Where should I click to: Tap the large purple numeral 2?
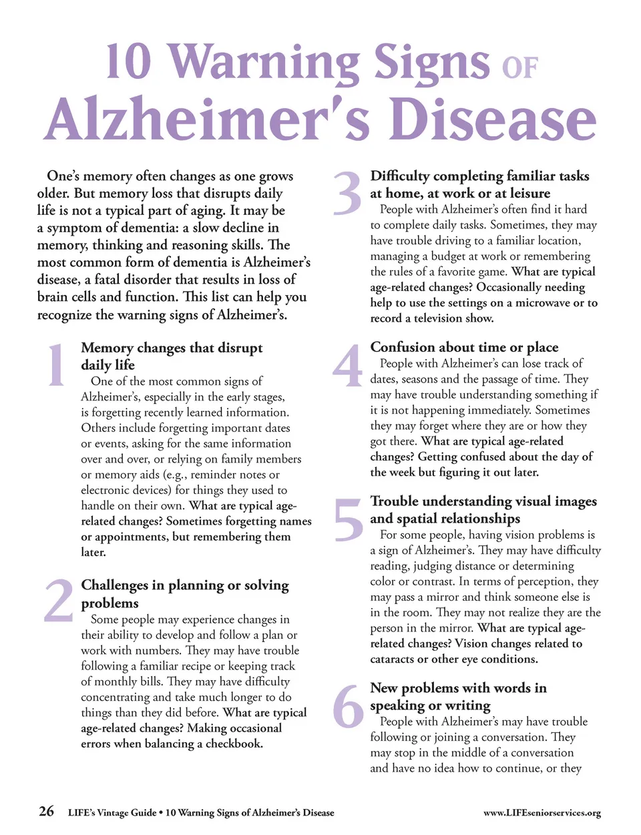(x=59, y=600)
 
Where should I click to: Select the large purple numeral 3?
(x=347, y=194)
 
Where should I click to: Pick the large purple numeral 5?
(x=348, y=520)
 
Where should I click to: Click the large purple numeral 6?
(x=348, y=706)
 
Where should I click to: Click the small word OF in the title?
(x=519, y=68)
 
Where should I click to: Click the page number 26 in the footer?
(x=46, y=811)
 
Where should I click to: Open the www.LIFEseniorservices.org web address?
(x=542, y=812)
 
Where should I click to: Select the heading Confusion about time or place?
(x=464, y=347)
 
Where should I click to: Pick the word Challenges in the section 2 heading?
(x=115, y=585)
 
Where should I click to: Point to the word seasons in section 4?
(x=419, y=379)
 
